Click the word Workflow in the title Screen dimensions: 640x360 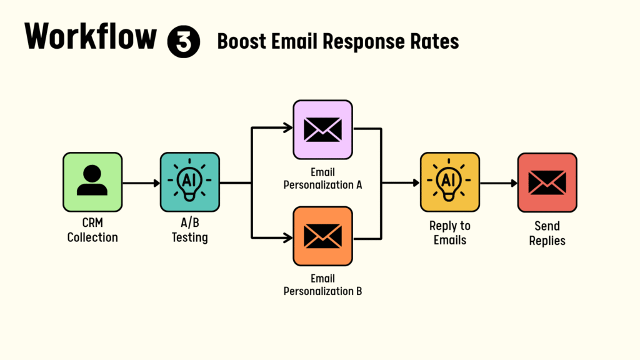pyautogui.click(x=91, y=36)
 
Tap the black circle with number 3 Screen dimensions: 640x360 pyautogui.click(x=184, y=41)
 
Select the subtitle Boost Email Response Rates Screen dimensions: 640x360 pyautogui.click(x=338, y=41)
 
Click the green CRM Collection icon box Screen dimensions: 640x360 pyautogui.click(x=92, y=182)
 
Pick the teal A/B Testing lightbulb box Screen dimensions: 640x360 pyautogui.click(x=190, y=182)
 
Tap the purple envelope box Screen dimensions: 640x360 pyautogui.click(x=323, y=130)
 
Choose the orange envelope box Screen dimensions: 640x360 pyautogui.click(x=323, y=236)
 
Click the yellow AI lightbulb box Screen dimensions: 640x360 pyautogui.click(x=450, y=182)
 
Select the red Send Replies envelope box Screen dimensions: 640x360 pyautogui.click(x=547, y=182)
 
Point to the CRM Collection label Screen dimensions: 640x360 pyautogui.click(x=92, y=230)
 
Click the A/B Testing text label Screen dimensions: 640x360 pyautogui.click(x=190, y=230)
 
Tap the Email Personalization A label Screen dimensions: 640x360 pyautogui.click(x=323, y=179)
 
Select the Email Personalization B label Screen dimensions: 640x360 pyautogui.click(x=323, y=285)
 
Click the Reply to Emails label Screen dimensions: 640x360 pyautogui.click(x=450, y=232)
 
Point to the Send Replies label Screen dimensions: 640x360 pyautogui.click(x=547, y=233)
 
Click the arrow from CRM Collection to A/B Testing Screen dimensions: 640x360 pyautogui.click(x=141, y=183)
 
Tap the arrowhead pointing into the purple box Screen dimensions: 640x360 pyautogui.click(x=288, y=128)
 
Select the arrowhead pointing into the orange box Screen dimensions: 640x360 pyautogui.click(x=288, y=237)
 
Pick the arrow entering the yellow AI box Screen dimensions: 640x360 pyautogui.click(x=401, y=183)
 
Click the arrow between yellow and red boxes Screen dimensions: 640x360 pyautogui.click(x=499, y=183)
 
